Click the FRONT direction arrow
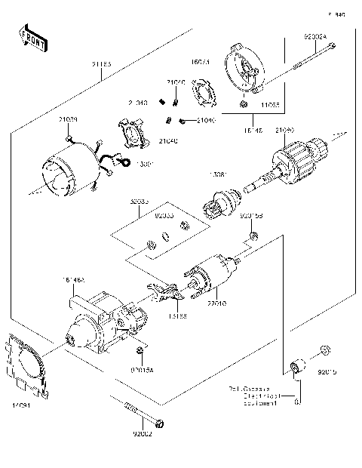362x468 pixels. coord(31,35)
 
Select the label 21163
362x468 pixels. coord(101,66)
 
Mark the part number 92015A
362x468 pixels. coord(141,370)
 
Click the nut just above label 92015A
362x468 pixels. coord(140,352)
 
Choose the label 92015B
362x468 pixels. coord(251,215)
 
